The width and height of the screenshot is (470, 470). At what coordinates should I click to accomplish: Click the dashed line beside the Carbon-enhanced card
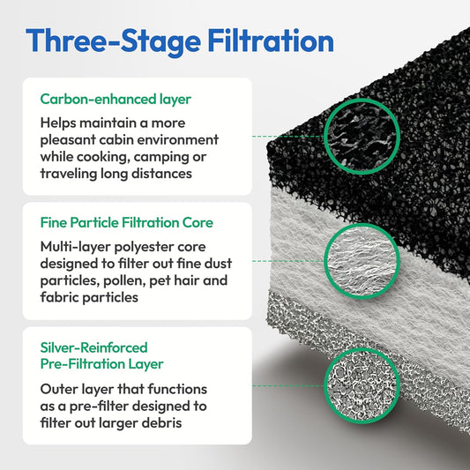click(x=287, y=137)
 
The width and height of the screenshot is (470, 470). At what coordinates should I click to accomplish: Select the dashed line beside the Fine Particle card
click(x=287, y=261)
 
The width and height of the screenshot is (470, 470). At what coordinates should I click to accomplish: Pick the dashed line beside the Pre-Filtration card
click(x=287, y=384)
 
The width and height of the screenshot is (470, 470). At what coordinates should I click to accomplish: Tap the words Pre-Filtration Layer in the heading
click(x=103, y=364)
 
